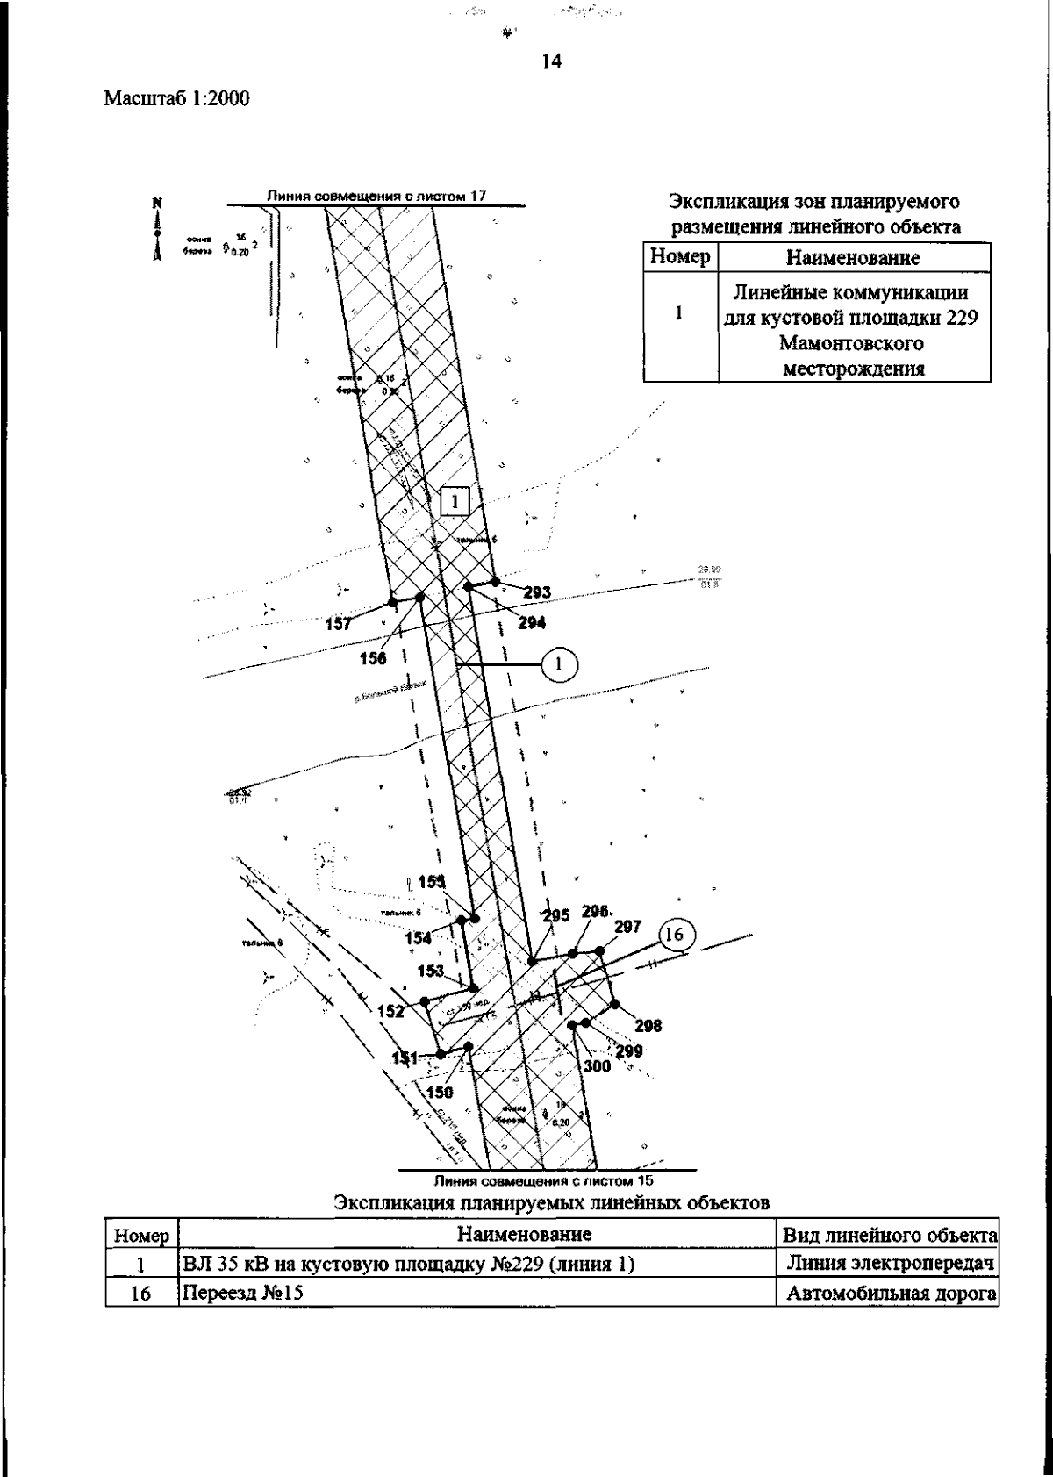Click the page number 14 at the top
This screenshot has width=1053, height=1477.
click(x=551, y=61)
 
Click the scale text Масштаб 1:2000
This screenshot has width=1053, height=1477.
click(x=177, y=99)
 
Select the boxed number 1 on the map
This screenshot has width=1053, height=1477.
click(x=455, y=501)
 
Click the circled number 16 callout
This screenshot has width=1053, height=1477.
click(x=675, y=936)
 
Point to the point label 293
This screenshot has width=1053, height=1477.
click(x=537, y=592)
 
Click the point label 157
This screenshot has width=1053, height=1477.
click(x=338, y=624)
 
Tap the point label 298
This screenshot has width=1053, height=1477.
click(x=648, y=1025)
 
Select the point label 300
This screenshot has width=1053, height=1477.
click(x=598, y=1066)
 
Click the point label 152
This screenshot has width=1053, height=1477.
click(x=391, y=1011)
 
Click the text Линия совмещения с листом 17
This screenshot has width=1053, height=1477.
click(x=376, y=196)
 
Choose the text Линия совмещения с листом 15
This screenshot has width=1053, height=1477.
click(x=546, y=1180)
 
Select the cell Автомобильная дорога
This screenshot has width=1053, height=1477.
click(x=889, y=1293)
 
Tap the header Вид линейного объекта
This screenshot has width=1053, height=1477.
click(x=889, y=1235)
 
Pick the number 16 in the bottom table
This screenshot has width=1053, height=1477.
click(x=141, y=1293)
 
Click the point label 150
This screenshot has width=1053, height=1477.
click(x=441, y=1092)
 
